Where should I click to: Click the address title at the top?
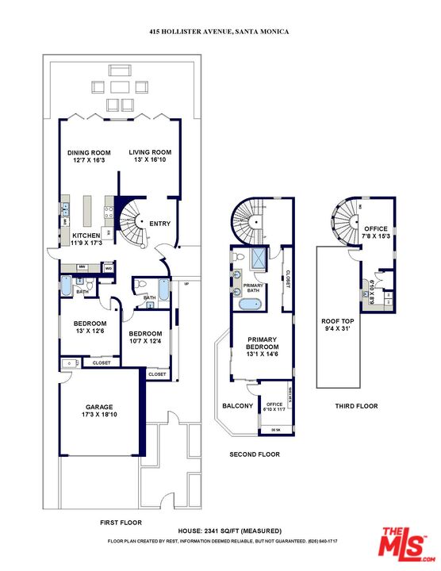[x=220, y=31]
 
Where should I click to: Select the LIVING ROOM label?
[x=151, y=156]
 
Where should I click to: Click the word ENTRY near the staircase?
[x=159, y=224]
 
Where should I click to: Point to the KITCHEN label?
[x=87, y=240]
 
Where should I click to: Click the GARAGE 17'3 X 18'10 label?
[x=99, y=410]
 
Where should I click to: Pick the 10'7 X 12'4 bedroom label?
[x=145, y=337]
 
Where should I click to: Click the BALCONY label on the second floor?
[x=237, y=407]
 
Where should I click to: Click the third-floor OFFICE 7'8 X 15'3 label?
[x=376, y=232]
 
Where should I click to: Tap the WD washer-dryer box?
[x=109, y=269]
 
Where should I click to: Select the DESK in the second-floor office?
[x=275, y=429]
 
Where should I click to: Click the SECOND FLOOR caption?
[x=254, y=454]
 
